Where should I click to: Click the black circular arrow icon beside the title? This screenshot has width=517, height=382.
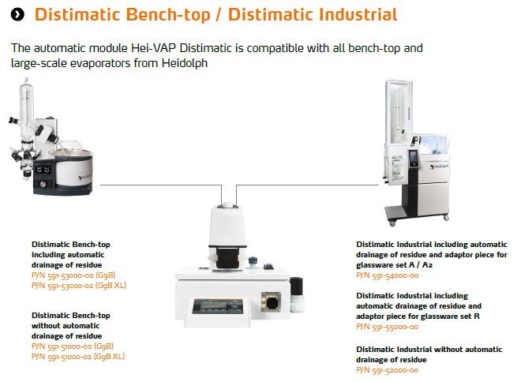(x=17, y=14)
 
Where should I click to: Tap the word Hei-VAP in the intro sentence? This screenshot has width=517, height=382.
(x=153, y=48)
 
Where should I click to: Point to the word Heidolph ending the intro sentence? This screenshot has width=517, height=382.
(x=185, y=62)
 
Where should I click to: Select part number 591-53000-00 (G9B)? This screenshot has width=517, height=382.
(x=73, y=275)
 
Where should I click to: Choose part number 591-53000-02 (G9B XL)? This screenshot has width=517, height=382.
(x=79, y=286)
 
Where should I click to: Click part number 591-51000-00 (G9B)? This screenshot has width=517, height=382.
(x=73, y=346)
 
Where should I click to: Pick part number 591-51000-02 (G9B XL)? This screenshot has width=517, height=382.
(x=78, y=357)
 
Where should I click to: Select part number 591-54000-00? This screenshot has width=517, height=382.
(x=387, y=275)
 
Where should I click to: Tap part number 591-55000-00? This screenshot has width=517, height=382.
(x=387, y=327)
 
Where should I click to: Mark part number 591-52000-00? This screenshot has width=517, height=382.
(x=387, y=370)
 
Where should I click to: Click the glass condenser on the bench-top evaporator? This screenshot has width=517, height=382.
(x=26, y=110)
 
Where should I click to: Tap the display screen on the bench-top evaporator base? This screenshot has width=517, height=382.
(x=43, y=170)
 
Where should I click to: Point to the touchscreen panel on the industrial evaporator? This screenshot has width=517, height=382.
(x=413, y=159)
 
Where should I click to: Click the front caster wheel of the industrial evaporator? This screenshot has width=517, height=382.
(x=392, y=223)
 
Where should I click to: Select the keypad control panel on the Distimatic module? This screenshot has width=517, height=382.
(x=218, y=306)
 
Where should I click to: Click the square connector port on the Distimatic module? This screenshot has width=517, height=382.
(x=271, y=301)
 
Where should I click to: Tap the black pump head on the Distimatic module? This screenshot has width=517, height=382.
(x=227, y=258)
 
